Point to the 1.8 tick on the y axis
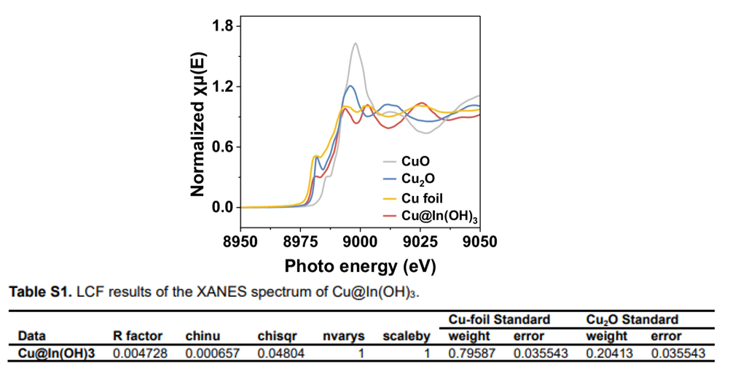(221, 27)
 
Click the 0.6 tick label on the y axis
(221, 147)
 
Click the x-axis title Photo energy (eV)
(360, 266)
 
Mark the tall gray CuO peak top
(355, 44)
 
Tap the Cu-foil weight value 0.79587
(468, 352)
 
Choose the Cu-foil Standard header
(498, 319)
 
